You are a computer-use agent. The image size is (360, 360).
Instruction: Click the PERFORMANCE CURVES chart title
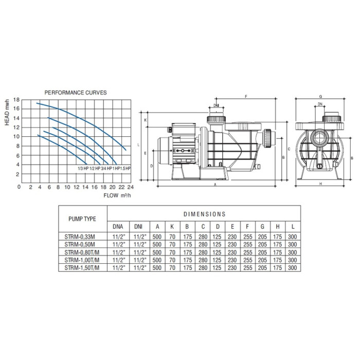[x=76, y=93]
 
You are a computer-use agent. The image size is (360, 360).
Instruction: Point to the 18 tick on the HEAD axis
[x=16, y=100]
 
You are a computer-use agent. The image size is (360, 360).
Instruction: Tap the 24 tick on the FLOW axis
[x=131, y=187]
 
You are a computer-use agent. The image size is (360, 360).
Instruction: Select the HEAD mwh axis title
[x=7, y=113]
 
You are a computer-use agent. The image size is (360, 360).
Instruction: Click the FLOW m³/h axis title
[x=117, y=195]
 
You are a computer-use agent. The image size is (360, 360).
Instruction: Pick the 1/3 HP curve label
[x=83, y=169]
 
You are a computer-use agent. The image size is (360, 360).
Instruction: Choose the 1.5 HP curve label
[x=125, y=169]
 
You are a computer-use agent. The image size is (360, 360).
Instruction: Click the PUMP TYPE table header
[x=82, y=219]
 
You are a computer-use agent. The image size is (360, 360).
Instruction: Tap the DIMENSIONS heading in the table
[x=204, y=214]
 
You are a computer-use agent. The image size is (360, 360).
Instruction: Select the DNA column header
[x=118, y=227]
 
